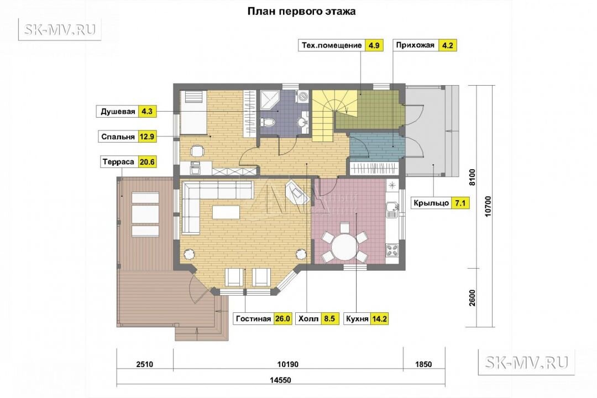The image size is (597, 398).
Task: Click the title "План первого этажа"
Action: (301, 12)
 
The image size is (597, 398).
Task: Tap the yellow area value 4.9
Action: (374, 45)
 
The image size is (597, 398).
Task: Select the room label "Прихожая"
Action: (415, 45)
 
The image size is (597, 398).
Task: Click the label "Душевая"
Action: (118, 112)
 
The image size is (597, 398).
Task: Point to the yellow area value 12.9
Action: (147, 137)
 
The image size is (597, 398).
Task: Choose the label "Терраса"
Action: (118, 162)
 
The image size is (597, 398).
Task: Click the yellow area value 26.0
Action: (282, 319)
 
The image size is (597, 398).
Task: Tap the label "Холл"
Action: (308, 319)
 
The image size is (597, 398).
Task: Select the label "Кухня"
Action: (357, 319)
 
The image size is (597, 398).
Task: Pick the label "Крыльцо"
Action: (431, 203)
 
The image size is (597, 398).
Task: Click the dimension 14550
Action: (280, 380)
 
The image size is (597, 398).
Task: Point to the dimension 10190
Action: (288, 364)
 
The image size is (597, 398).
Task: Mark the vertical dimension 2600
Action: (472, 298)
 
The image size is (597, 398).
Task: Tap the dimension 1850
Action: (423, 364)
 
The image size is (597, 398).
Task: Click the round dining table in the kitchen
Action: (344, 247)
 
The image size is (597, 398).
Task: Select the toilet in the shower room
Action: (268, 122)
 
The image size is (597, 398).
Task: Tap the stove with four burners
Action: (392, 250)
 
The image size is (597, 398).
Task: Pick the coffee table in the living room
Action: (226, 212)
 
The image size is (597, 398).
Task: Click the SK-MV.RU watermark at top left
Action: (60, 30)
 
